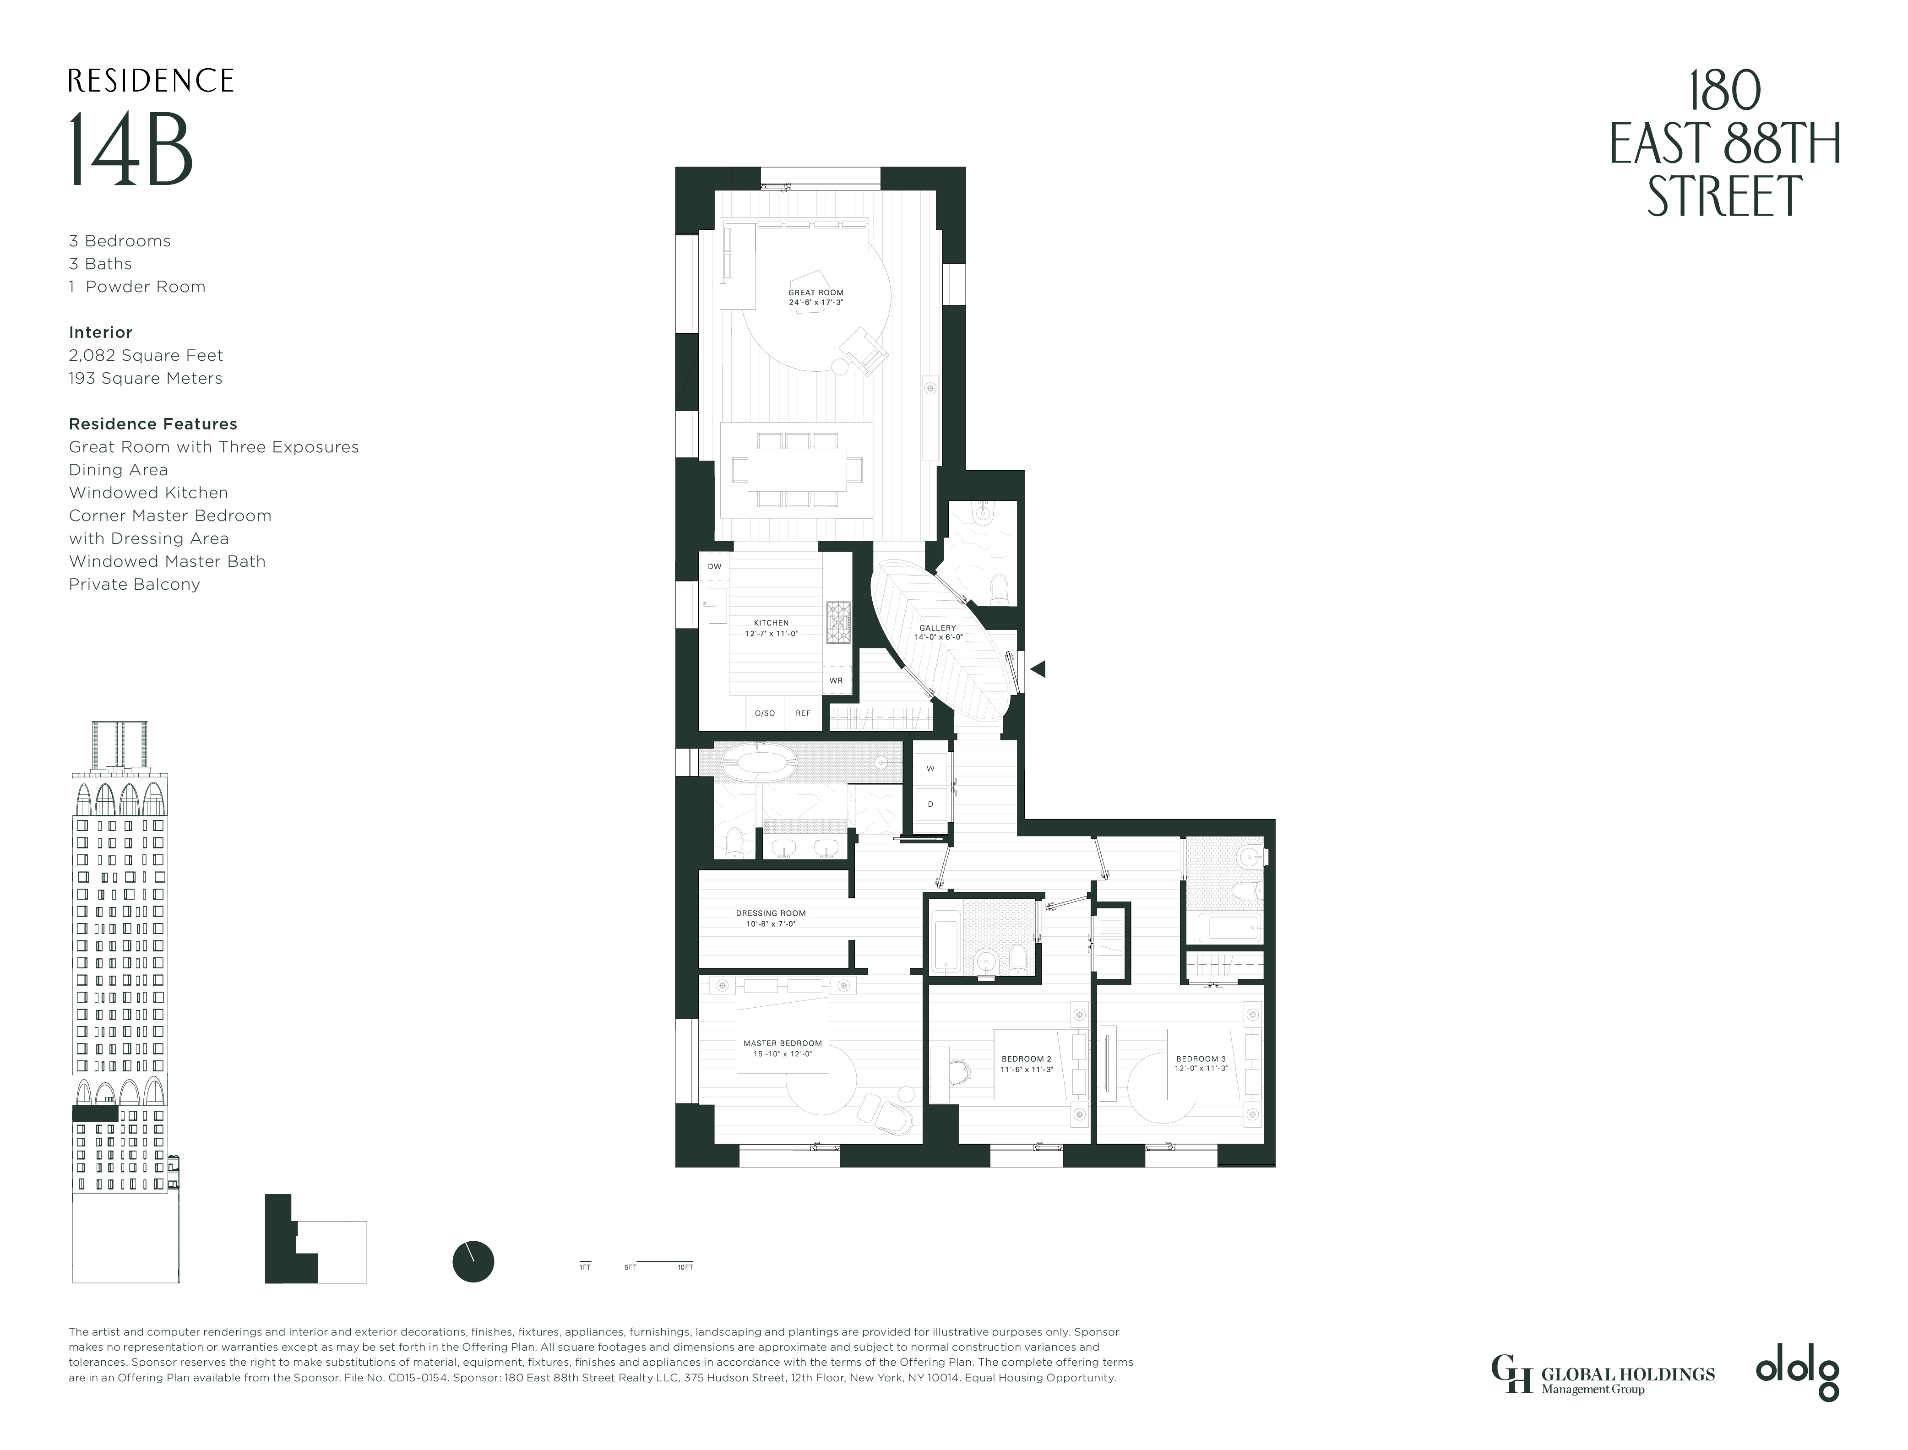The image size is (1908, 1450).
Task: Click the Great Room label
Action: tap(815, 297)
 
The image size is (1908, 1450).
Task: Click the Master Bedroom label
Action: tap(783, 1048)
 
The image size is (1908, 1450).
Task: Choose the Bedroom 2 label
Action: tap(1026, 1063)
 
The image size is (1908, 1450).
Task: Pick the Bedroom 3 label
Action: tap(1201, 1063)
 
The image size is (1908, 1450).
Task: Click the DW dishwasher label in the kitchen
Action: tap(715, 566)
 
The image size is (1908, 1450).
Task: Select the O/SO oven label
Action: tap(765, 713)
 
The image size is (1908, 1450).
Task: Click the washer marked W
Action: tap(930, 768)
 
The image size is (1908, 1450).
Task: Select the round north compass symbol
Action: tap(473, 1262)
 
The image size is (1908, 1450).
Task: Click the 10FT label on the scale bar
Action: tap(685, 1267)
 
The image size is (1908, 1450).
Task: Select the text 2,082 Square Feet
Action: tap(146, 356)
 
